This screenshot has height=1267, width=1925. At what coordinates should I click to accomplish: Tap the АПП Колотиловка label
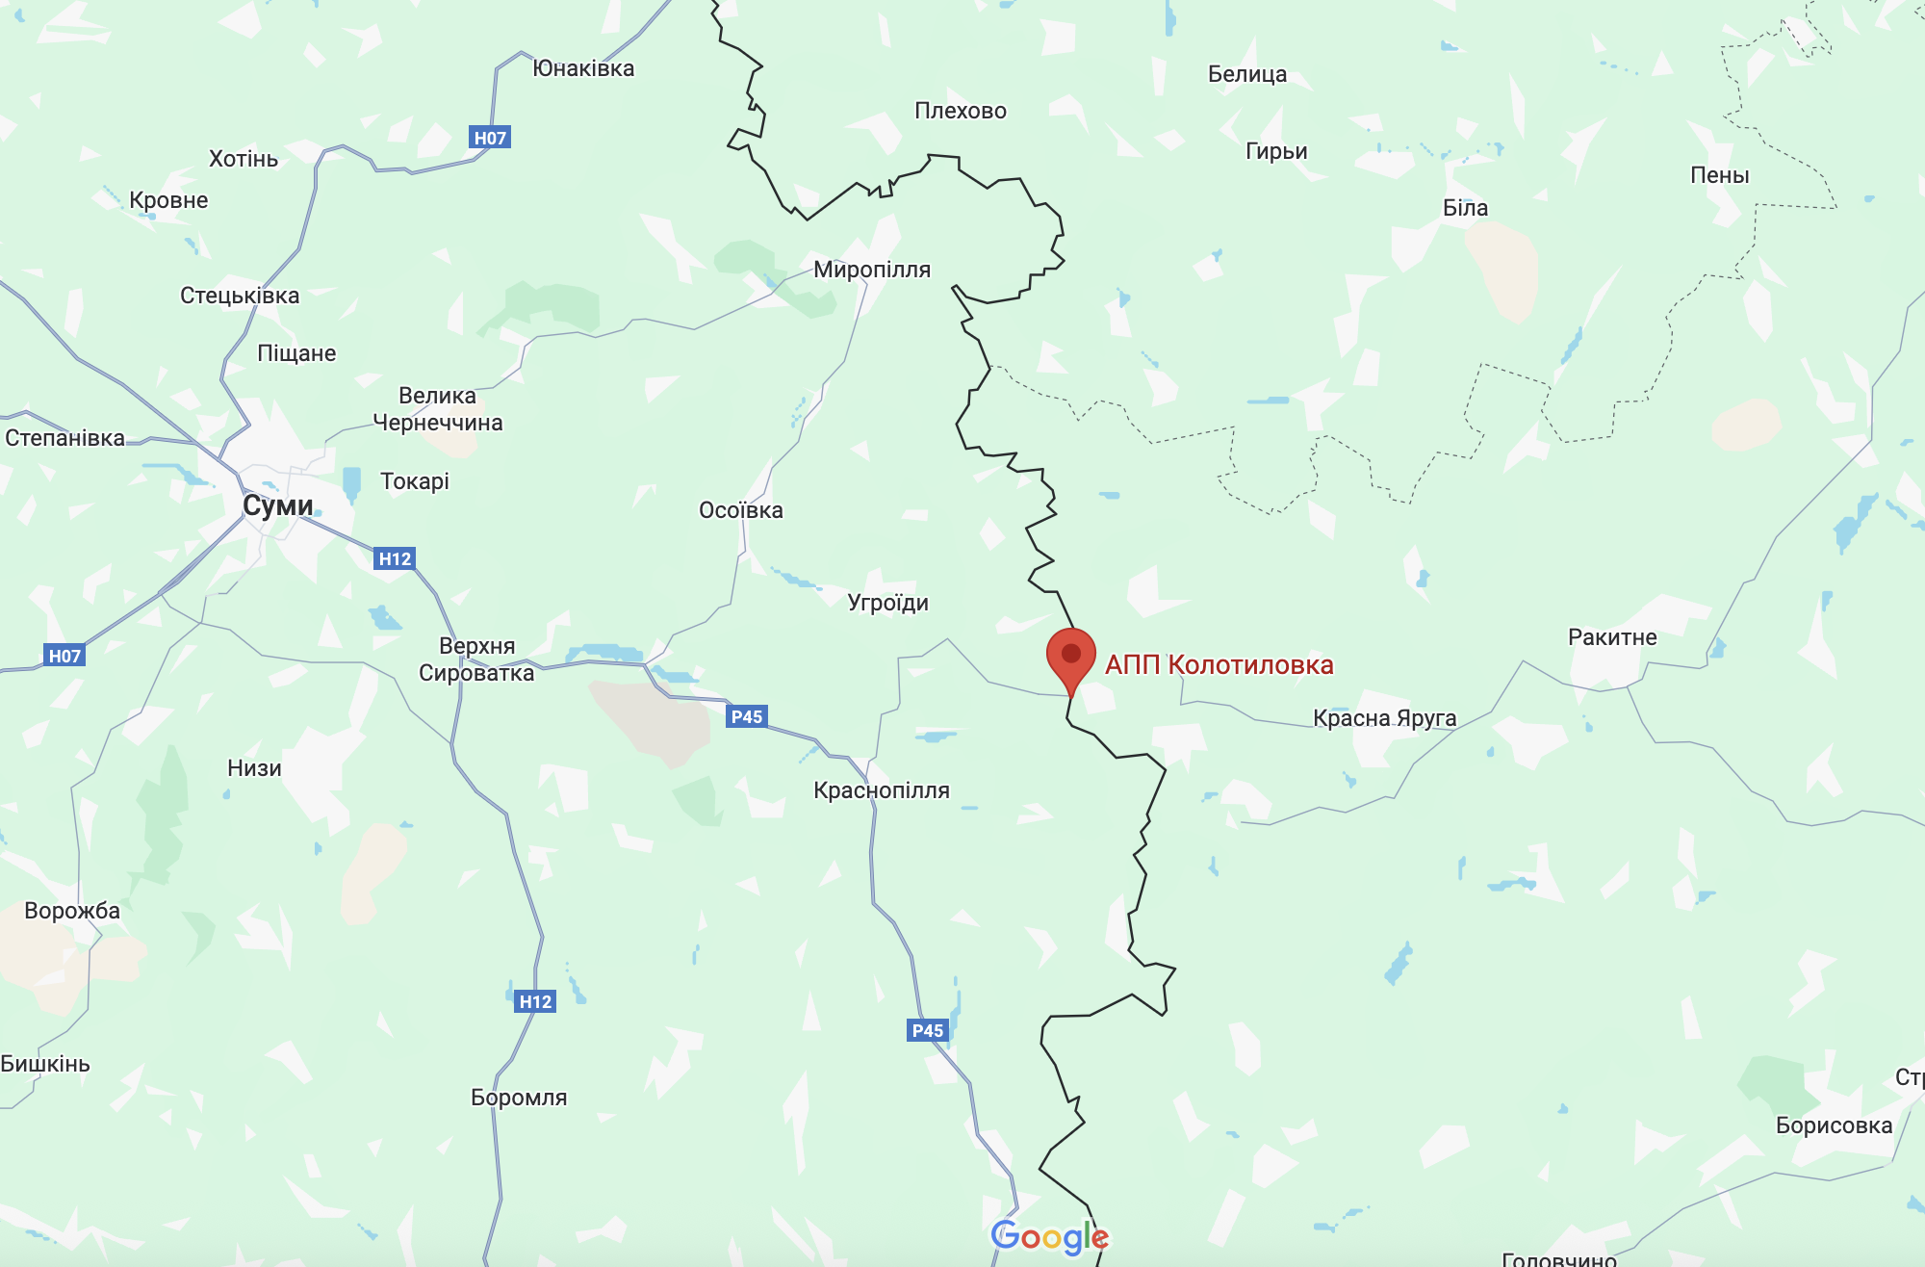(1219, 665)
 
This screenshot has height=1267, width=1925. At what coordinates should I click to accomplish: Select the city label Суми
(277, 505)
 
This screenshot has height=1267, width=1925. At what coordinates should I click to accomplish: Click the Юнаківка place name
(583, 69)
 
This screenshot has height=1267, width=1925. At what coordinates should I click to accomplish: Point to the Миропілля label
(872, 270)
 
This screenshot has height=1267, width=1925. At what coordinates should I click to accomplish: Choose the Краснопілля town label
(881, 790)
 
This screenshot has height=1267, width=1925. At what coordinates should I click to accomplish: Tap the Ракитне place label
(1612, 637)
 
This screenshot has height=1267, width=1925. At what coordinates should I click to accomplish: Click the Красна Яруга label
(1384, 718)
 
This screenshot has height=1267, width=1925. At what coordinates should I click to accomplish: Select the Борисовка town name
(1834, 1125)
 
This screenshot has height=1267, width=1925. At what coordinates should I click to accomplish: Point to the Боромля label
(519, 1098)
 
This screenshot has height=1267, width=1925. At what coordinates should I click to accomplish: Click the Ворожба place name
(72, 911)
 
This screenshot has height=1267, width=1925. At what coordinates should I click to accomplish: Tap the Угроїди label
(887, 604)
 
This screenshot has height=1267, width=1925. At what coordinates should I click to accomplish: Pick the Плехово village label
(960, 112)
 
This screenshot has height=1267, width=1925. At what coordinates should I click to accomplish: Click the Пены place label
(1719, 175)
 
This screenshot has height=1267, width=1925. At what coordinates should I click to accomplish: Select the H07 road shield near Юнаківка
(490, 138)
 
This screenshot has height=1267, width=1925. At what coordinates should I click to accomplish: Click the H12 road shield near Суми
(395, 558)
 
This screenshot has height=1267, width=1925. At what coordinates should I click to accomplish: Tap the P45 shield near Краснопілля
(747, 716)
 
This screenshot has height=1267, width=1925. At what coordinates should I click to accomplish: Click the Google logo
(1049, 1236)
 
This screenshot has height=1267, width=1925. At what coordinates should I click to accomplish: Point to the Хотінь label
(244, 159)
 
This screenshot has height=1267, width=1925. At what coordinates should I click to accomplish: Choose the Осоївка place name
(740, 510)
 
